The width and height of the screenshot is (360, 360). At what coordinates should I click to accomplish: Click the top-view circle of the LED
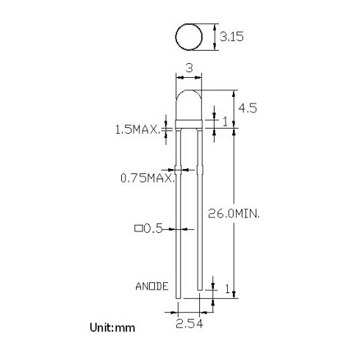tap(189, 36)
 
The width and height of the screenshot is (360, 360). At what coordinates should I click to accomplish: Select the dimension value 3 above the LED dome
tap(190, 68)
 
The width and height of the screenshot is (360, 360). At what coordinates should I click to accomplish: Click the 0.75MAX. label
tap(147, 178)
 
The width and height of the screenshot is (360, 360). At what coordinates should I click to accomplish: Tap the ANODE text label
tap(152, 286)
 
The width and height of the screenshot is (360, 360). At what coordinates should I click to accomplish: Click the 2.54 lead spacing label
tap(190, 321)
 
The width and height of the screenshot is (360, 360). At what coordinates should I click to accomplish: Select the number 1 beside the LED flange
tap(226, 120)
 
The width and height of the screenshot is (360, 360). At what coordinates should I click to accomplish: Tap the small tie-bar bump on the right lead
tap(199, 170)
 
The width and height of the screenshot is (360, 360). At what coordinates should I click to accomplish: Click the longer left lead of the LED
tap(179, 220)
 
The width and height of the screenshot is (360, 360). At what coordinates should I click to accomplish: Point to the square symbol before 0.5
tap(138, 228)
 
